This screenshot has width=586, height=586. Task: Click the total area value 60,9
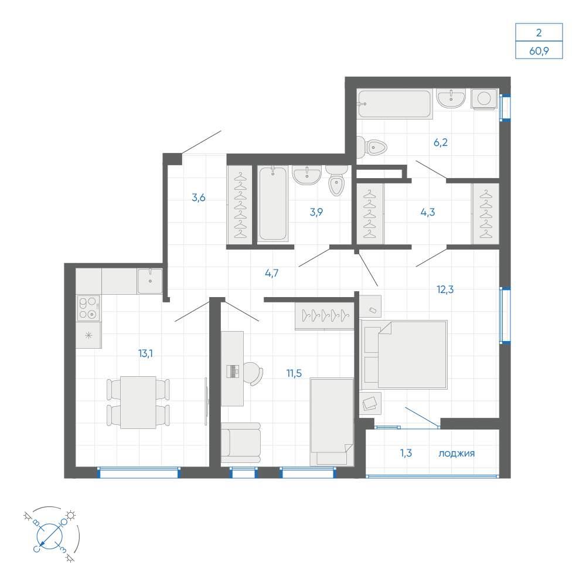(539, 50)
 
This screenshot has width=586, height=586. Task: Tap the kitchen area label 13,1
(145, 353)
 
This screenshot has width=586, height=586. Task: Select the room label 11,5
(294, 373)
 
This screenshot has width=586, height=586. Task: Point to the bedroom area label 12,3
(445, 289)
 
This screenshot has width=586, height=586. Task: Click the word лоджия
(456, 454)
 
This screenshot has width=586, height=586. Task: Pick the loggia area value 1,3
(406, 453)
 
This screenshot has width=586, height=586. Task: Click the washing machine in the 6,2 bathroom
(485, 99)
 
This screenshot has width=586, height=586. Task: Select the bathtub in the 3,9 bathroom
(273, 204)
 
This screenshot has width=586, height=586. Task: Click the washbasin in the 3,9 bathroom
(307, 175)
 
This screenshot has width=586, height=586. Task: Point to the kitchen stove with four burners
(88, 308)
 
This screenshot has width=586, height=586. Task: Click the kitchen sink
(150, 281)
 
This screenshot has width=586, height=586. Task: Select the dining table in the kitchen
(138, 402)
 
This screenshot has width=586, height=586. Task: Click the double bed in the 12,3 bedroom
(404, 355)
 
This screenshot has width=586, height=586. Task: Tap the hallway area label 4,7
(271, 273)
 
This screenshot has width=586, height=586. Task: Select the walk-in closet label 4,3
(428, 212)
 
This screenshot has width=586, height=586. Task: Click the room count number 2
(539, 33)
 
